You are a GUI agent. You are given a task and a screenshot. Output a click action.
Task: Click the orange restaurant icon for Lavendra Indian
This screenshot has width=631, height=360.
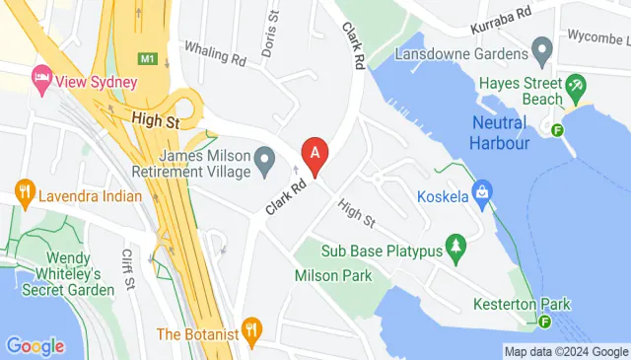pyautogui.click(x=24, y=188)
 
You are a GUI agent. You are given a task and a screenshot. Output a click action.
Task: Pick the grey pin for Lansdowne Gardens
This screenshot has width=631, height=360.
pyautogui.click(x=541, y=47)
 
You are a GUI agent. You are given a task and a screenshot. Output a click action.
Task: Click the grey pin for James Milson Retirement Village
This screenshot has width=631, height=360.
pyautogui.click(x=264, y=158)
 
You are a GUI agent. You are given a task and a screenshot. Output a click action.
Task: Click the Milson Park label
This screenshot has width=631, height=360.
pyautogui.click(x=333, y=275)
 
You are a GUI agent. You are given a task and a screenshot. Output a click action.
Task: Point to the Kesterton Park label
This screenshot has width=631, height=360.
pyautogui.click(x=521, y=304)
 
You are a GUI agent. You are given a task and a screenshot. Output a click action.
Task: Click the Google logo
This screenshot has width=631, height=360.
pyautogui.click(x=35, y=345)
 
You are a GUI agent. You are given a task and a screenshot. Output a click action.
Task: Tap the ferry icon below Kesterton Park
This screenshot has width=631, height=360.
pyautogui.click(x=545, y=321)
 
